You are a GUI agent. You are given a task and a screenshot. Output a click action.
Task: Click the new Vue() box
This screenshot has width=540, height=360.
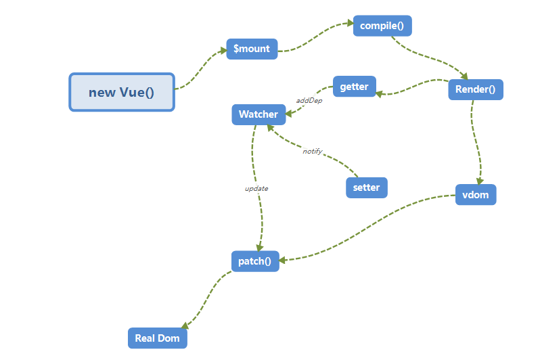(122, 92)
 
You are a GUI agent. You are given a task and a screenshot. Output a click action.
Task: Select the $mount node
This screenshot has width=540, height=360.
(252, 49)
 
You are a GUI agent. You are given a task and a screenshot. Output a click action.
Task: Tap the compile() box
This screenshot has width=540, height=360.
(382, 26)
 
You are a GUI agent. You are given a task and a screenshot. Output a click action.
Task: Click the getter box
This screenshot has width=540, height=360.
(354, 87)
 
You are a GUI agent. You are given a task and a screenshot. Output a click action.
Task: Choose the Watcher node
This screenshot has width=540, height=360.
(258, 114)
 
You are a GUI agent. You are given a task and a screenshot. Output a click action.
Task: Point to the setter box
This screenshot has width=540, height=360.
(367, 187)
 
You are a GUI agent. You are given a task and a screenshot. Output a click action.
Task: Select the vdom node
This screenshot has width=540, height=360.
(475, 195)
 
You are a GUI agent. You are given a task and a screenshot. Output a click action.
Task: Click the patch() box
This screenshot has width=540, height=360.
(254, 261)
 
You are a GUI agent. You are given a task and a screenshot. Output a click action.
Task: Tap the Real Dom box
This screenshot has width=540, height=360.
(157, 338)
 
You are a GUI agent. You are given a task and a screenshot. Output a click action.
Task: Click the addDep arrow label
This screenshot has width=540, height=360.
(309, 101)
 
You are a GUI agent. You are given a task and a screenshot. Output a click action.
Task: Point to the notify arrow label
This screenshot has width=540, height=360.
(312, 151)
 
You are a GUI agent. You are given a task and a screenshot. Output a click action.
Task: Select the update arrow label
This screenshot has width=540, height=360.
(256, 188)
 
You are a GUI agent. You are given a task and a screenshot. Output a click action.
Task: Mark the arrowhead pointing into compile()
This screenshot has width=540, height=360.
(350, 24)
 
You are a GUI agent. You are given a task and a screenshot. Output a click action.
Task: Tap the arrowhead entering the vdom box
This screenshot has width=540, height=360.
(479, 181)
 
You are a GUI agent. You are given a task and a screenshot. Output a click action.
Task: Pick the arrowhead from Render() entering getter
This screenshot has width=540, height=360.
(380, 93)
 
